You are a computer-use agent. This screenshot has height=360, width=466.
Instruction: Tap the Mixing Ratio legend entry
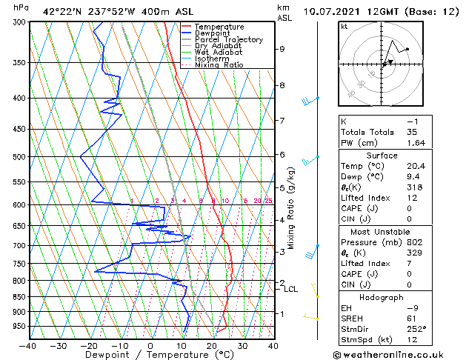pos(219,65)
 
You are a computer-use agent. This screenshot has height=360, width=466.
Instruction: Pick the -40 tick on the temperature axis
pos(28,346)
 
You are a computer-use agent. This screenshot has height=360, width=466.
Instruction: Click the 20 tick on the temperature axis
pos(211,346)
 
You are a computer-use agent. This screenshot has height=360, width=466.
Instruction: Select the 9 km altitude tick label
pos(282,49)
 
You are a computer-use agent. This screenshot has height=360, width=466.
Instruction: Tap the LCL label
pos(290,289)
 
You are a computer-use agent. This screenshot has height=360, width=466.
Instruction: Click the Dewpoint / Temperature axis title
pos(150,356)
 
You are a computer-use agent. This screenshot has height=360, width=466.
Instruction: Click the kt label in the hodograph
pos(344,26)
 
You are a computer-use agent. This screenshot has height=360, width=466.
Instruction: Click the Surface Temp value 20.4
pos(417,167)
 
